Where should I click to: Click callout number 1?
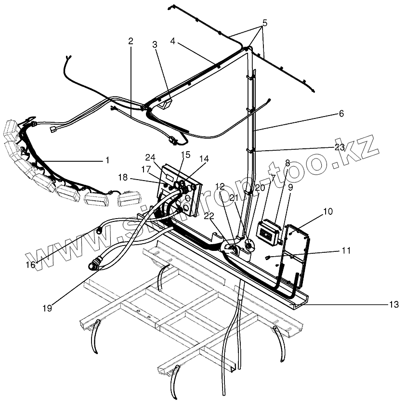[107, 159]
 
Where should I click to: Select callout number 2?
[131, 41]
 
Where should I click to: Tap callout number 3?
[155, 45]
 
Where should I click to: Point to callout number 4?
[172, 41]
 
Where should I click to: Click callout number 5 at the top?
[264, 23]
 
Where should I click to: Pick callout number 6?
[341, 114]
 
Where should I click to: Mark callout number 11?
[346, 250]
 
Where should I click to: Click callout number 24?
[150, 157]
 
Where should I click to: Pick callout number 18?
[123, 178]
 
